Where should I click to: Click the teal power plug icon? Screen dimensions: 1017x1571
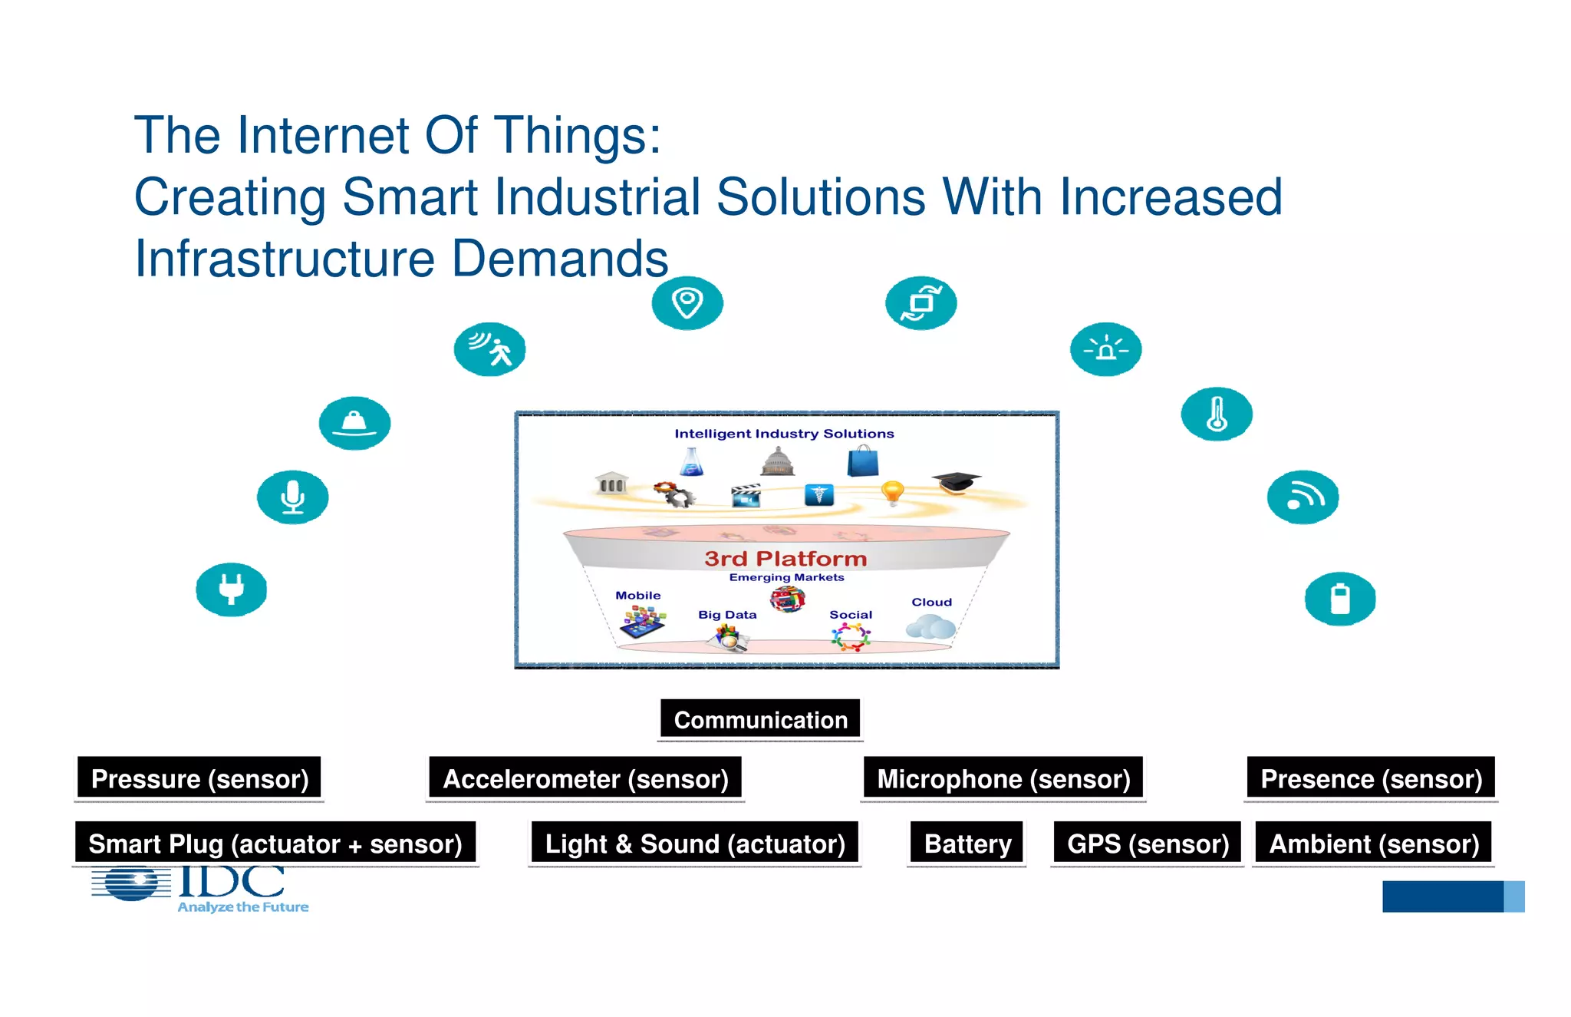point(231,589)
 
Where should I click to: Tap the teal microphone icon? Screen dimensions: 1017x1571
point(292,497)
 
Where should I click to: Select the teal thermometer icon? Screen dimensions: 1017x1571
point(1217,414)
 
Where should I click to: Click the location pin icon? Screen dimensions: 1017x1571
point(687,302)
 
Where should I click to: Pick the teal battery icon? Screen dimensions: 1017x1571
point(1339,599)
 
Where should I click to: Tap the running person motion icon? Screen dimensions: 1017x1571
point(489,349)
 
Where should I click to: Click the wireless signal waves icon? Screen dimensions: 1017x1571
point(1303,497)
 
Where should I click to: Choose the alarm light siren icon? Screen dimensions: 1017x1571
point(1105,349)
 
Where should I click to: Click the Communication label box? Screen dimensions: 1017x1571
point(760,719)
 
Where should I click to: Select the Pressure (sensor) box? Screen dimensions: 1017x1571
point(199,778)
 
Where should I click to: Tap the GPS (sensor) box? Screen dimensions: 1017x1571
point(1148,844)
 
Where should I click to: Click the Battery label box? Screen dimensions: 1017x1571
point(967,844)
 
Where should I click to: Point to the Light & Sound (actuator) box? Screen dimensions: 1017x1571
point(695,844)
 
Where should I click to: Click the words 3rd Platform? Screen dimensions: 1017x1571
point(785,558)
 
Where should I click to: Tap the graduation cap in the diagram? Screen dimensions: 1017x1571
point(956,482)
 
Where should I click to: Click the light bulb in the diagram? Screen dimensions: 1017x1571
point(892,491)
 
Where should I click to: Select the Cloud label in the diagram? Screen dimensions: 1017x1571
point(931,603)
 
